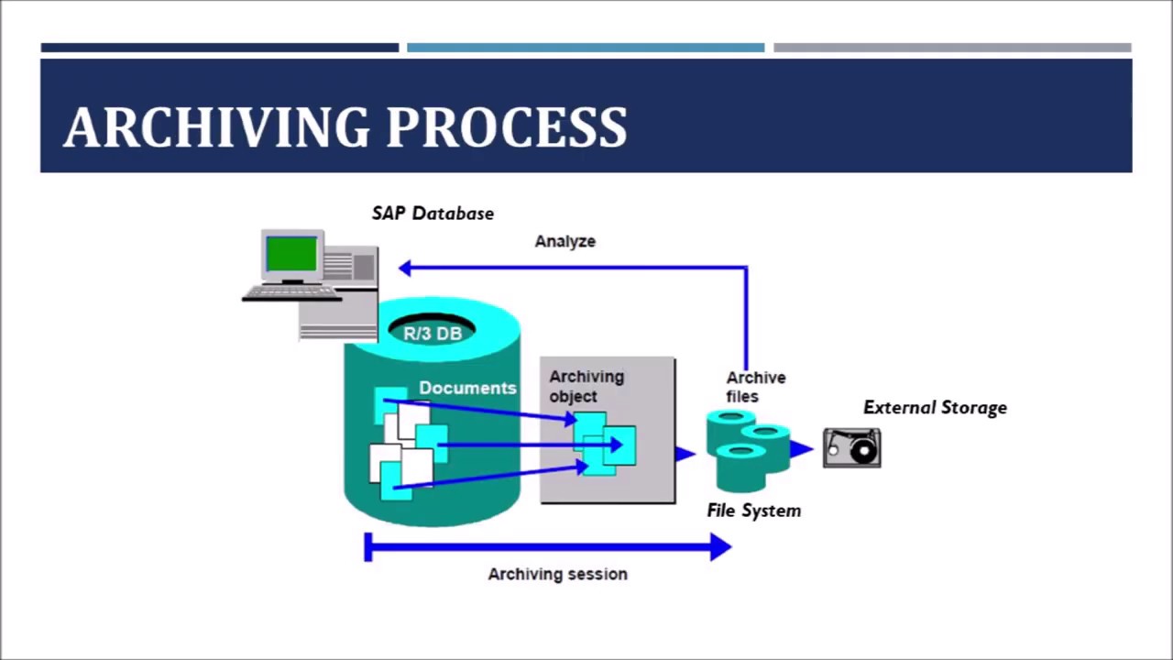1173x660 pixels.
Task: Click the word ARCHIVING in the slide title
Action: coord(216,127)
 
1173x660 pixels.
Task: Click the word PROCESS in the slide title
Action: coord(506,127)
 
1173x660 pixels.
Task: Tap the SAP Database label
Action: coord(433,214)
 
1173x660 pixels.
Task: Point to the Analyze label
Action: coord(565,241)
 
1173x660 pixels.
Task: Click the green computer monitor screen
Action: coord(291,254)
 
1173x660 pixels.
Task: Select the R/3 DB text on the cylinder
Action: coord(433,334)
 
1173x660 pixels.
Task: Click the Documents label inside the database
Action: coord(467,388)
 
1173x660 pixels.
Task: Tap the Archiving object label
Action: coord(586,386)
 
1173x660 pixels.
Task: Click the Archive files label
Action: coord(755,387)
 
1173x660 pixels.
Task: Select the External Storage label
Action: coord(935,408)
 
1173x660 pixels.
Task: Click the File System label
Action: coord(753,511)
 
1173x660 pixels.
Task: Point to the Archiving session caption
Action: coord(557,574)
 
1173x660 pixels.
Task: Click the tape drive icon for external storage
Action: coord(851,448)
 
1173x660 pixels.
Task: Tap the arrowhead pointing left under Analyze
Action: coord(405,268)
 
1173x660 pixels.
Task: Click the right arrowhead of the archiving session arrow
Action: coord(720,547)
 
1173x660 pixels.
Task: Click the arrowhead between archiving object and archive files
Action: coord(685,453)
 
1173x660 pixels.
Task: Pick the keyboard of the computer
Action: coord(291,293)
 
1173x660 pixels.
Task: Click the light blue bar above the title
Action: coord(585,48)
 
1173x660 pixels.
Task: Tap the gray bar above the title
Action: coord(951,48)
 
